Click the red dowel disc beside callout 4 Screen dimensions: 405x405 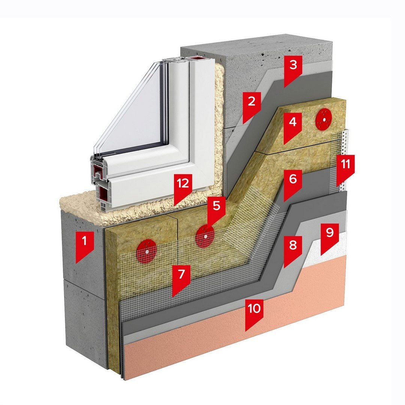coord(324,119)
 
